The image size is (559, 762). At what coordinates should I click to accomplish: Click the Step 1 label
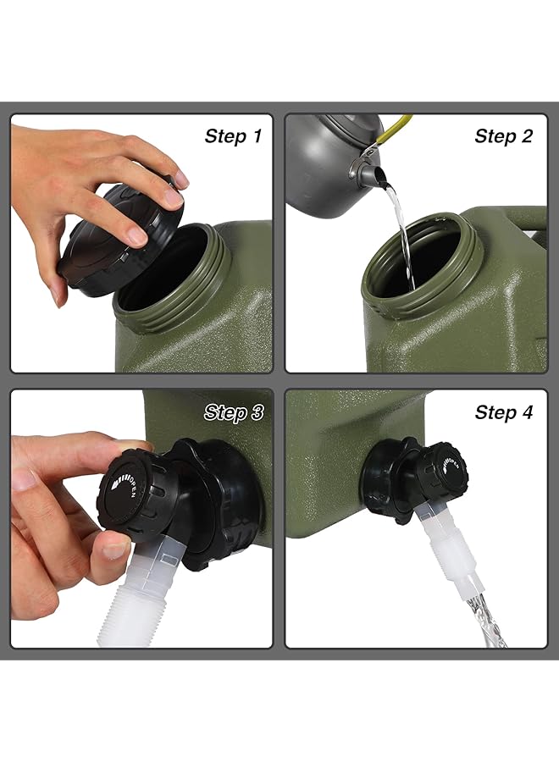coord(232,136)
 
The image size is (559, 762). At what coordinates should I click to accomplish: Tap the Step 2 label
coord(503,136)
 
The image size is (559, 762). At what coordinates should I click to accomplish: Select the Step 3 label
coord(232,412)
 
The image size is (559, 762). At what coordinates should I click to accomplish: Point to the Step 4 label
coord(503,412)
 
